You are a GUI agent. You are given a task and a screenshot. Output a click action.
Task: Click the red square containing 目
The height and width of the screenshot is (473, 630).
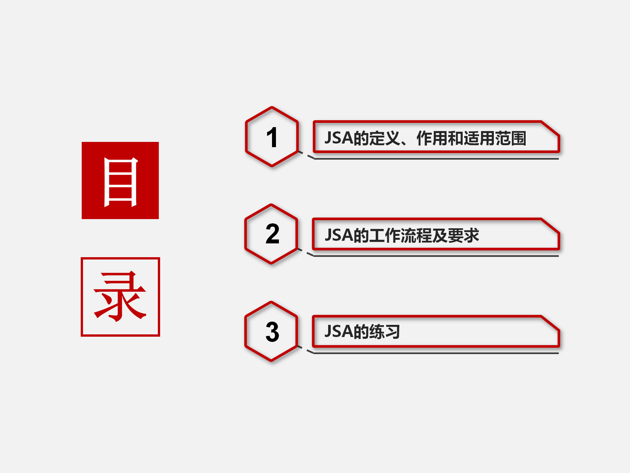pos(120,180)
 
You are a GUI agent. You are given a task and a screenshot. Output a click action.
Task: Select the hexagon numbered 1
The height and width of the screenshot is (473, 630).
pos(272,137)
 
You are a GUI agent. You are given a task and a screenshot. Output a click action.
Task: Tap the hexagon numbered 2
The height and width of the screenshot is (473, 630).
pos(271,234)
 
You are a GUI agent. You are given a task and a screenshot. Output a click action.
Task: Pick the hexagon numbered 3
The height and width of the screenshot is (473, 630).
pos(271,331)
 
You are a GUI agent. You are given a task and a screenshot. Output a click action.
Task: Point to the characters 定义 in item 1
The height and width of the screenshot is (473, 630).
pos(385,138)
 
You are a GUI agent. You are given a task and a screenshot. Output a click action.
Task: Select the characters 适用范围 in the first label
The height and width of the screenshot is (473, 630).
pos(495,138)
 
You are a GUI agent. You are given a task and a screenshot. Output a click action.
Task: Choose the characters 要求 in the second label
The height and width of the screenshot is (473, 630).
pos(464,235)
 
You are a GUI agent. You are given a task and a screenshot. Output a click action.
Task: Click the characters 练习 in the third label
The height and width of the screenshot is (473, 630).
pos(385,331)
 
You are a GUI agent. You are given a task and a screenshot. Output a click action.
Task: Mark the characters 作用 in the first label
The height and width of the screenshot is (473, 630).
pos(432,138)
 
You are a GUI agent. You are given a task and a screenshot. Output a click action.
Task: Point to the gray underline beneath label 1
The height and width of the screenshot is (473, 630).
pos(436,159)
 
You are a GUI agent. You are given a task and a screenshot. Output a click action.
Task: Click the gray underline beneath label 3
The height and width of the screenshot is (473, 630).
pos(436,353)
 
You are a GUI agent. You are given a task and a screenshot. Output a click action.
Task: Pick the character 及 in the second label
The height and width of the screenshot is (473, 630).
pos(440,235)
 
